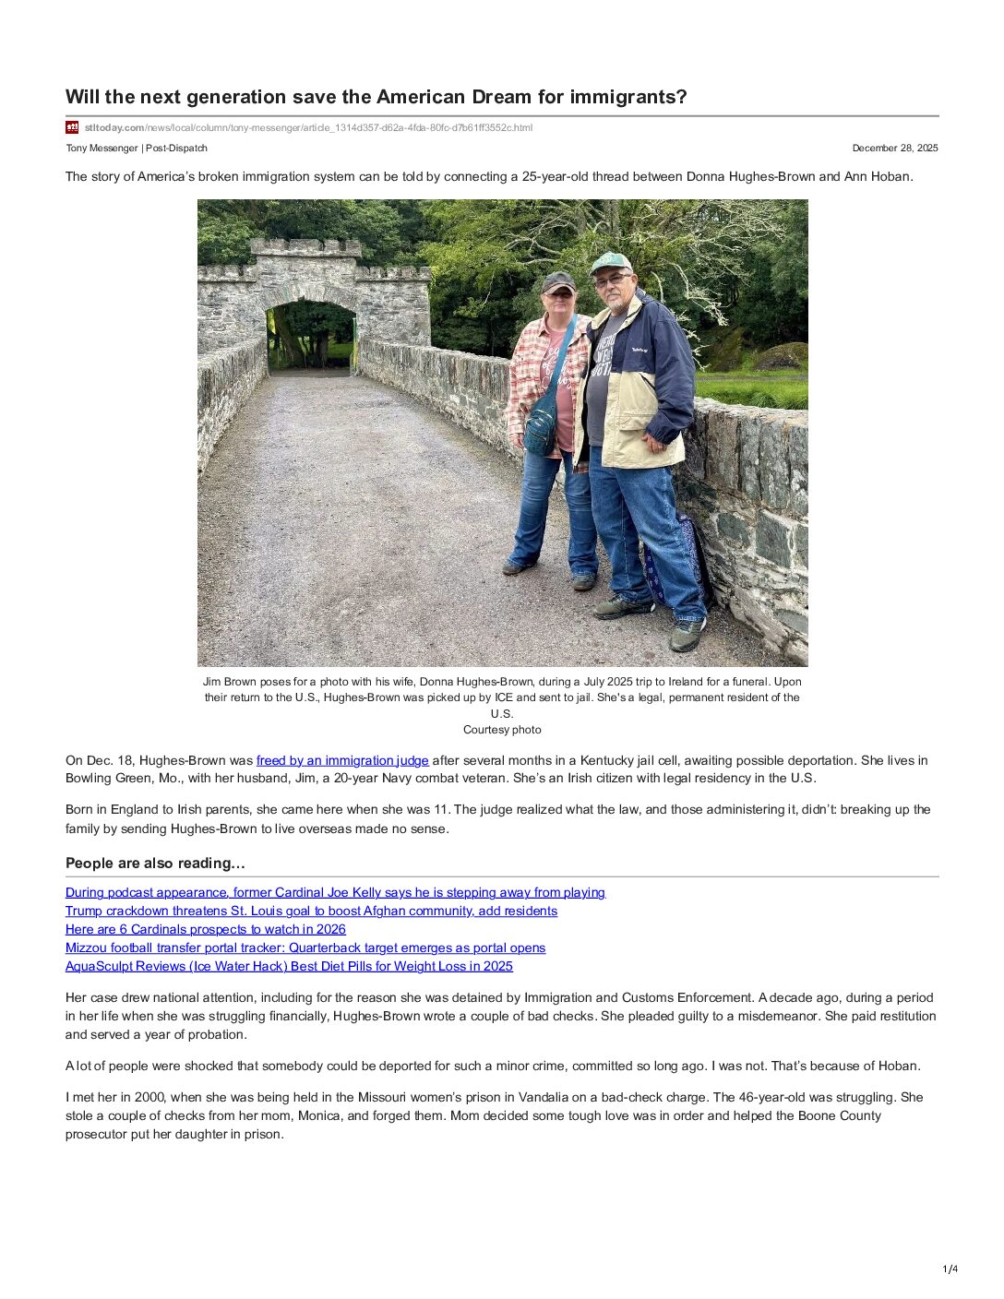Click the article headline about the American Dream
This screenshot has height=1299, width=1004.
tap(376, 97)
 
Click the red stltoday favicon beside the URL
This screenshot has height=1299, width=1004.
tap(72, 127)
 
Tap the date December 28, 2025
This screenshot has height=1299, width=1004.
tap(894, 148)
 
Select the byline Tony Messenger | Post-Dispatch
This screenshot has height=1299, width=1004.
tap(137, 148)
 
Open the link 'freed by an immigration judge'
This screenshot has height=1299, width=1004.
tap(342, 760)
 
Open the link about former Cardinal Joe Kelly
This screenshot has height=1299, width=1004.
tap(335, 892)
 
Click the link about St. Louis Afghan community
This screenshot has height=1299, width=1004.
tap(311, 911)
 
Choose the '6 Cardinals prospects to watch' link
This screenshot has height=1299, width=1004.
tap(206, 929)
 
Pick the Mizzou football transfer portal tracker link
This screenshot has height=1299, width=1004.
tap(305, 947)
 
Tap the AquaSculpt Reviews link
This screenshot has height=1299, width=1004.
tap(289, 966)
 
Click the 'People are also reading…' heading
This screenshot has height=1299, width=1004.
tap(155, 864)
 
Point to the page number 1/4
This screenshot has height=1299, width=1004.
tap(950, 1269)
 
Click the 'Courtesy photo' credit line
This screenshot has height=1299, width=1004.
tap(502, 730)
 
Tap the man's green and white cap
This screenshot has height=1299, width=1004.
tap(610, 262)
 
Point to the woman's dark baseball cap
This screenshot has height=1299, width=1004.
tap(557, 281)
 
